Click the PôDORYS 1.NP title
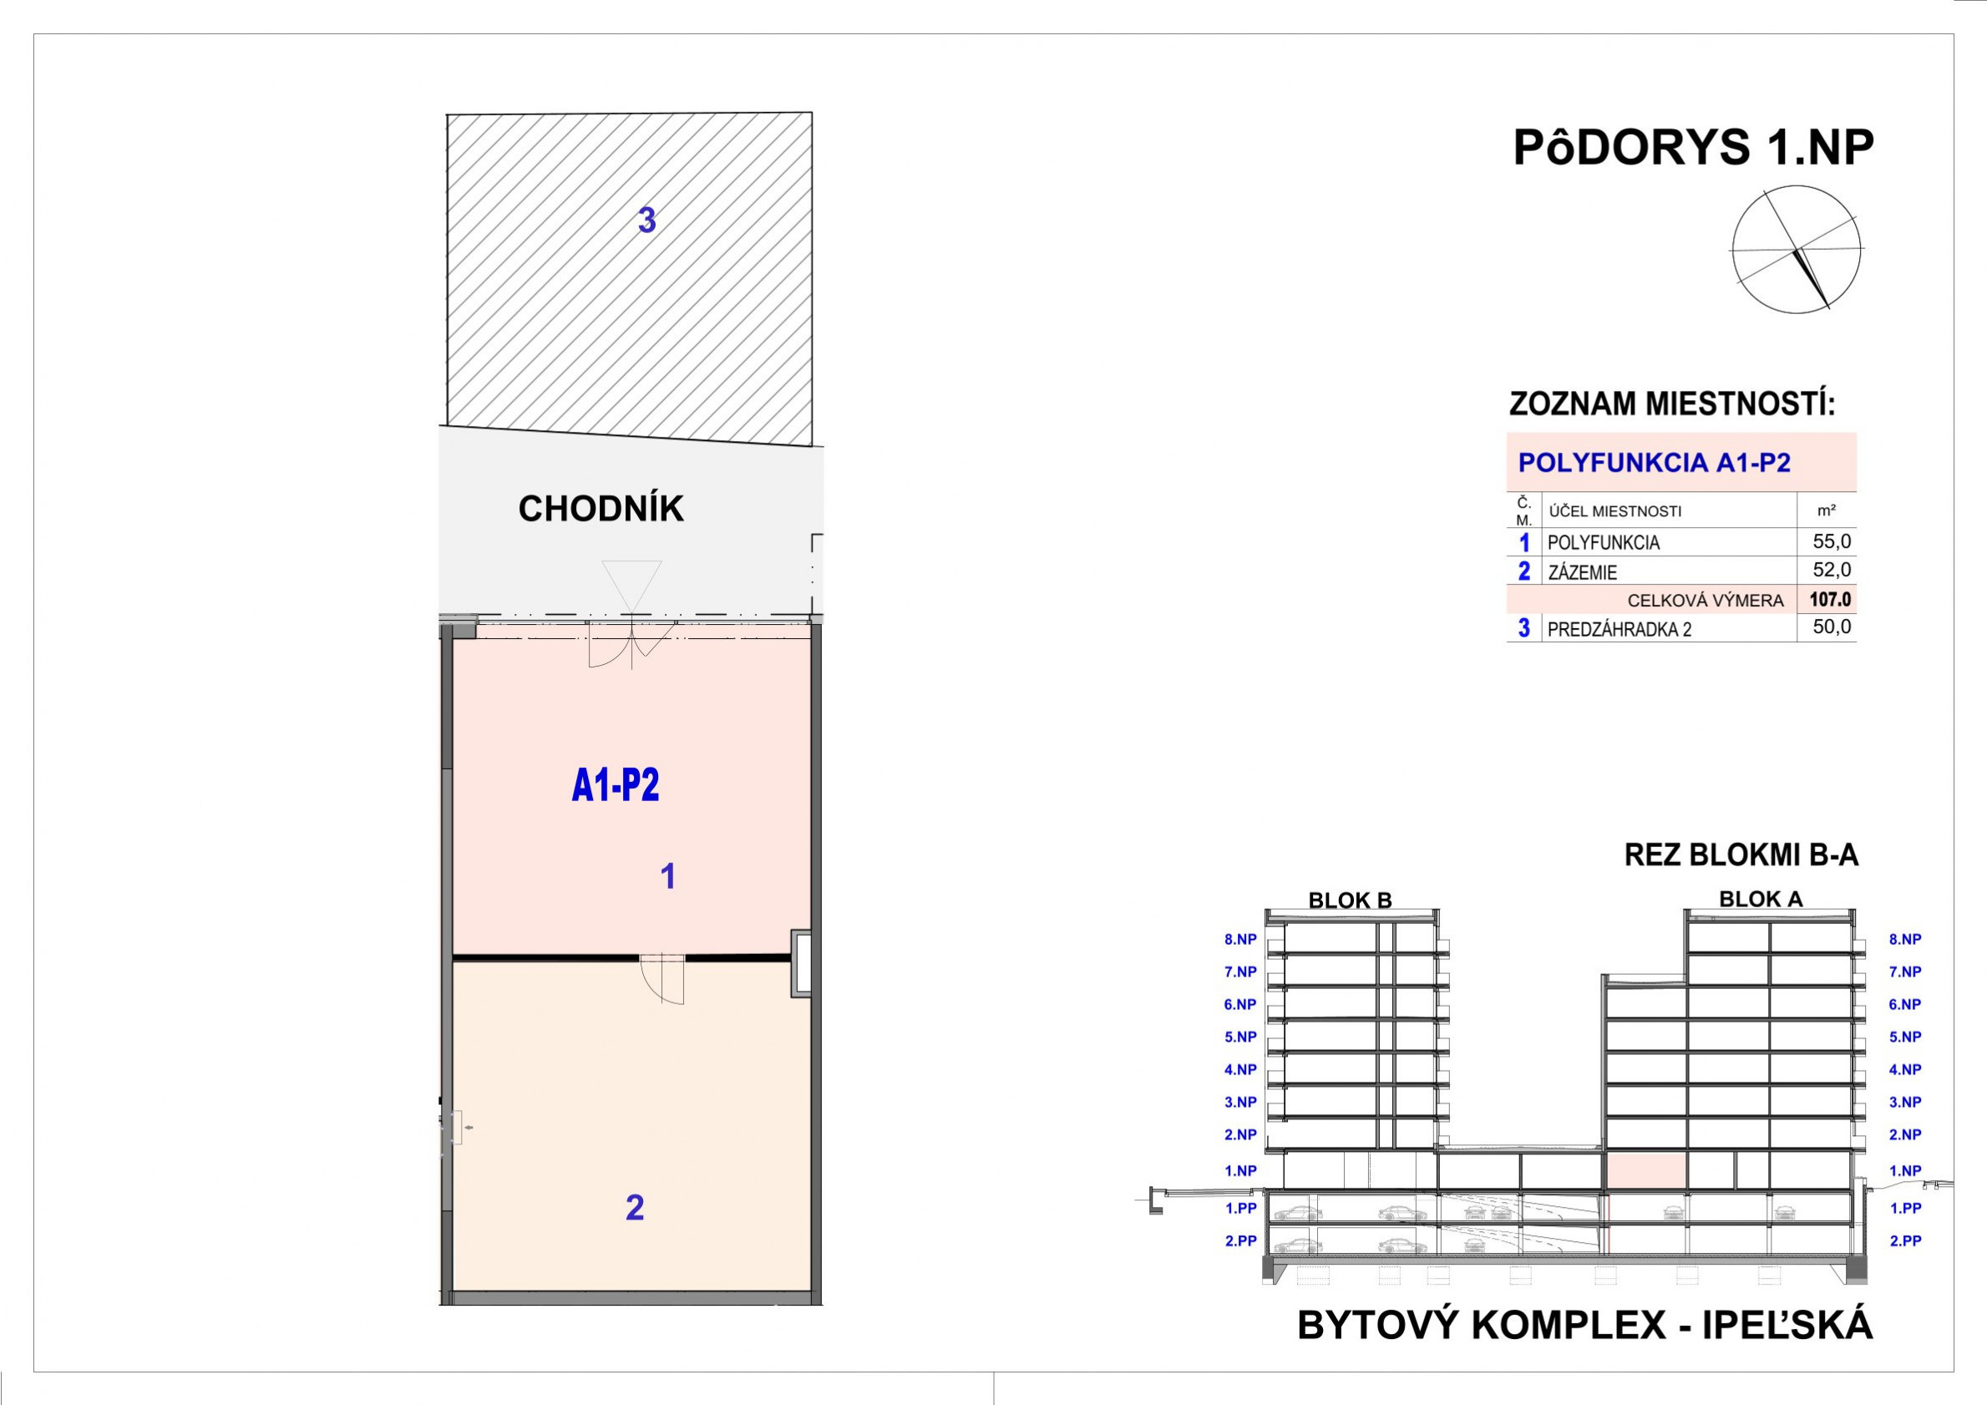pos(1693,148)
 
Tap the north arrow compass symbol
pos(1797,249)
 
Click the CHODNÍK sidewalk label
pos(601,509)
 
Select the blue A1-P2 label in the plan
pos(616,785)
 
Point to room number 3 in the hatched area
pos(646,221)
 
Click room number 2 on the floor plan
pos(634,1209)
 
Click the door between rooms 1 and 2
pos(662,978)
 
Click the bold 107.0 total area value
pos(1829,599)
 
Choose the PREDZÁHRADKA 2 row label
pos(1620,629)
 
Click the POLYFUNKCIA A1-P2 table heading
pos(1654,462)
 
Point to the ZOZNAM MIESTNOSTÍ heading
pos(1672,404)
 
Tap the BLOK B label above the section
pos(1350,900)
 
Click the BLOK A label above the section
pos(1761,899)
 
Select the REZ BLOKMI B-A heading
pos(1741,855)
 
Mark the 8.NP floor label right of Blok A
pos(1905,939)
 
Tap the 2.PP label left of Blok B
pos(1240,1240)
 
